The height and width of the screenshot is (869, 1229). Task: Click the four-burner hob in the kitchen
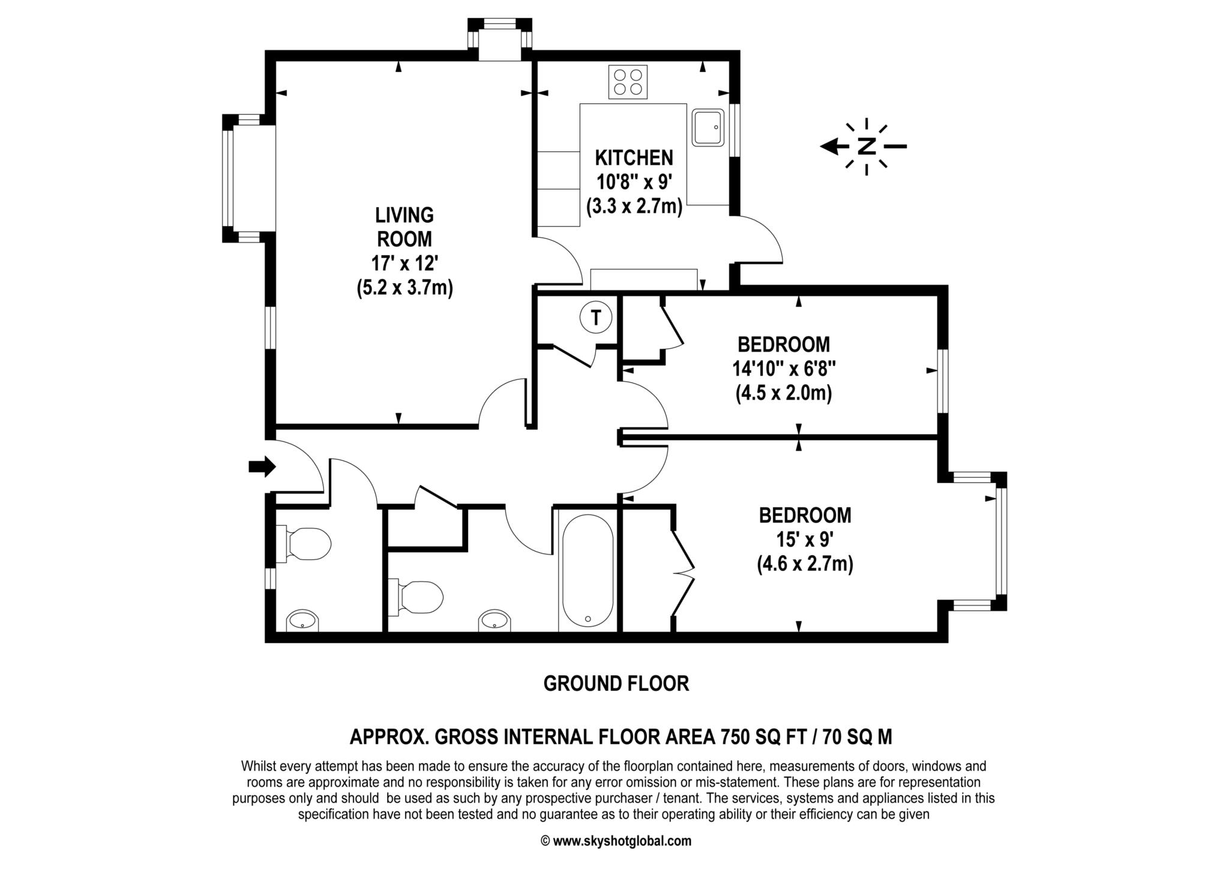coord(628,82)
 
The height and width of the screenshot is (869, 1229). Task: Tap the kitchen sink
coord(709,127)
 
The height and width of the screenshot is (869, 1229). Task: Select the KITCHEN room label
coord(634,158)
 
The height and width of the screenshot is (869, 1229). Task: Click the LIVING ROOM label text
coord(404,227)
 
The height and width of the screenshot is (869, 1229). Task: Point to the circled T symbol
coord(596,317)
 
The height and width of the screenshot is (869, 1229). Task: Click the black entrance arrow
coord(262,466)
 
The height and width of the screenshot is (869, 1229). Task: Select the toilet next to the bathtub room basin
coord(416,597)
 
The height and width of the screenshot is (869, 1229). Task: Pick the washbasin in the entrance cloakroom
coord(303,621)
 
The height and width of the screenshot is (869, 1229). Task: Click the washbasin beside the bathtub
coord(496,621)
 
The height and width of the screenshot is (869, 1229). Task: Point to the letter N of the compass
coord(866,146)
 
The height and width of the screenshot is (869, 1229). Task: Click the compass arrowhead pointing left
coord(830,146)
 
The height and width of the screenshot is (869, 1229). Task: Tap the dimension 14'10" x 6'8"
coord(784,368)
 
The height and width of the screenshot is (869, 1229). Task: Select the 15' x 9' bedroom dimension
coord(805,540)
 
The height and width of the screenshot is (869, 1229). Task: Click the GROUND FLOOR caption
coord(616,684)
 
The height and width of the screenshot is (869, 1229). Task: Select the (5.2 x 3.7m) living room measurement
coord(404,288)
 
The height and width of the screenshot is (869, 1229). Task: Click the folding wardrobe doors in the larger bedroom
coord(683,573)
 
